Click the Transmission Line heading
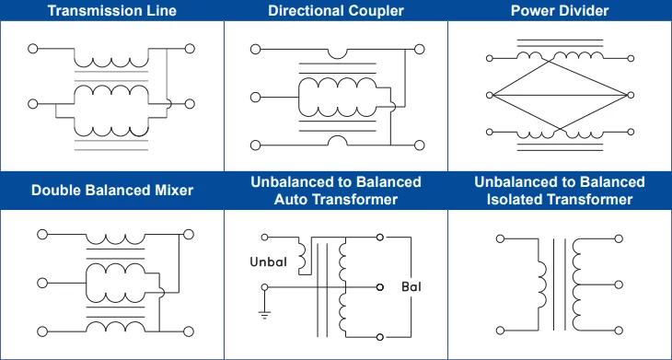pyautogui.click(x=112, y=11)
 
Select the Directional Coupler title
pyautogui.click(x=336, y=11)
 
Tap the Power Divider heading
pyautogui.click(x=560, y=11)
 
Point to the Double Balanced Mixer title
pyautogui.click(x=112, y=191)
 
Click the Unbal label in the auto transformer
pyautogui.click(x=269, y=262)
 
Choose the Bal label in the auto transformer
pyautogui.click(x=411, y=288)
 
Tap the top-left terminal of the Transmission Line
pyautogui.click(x=33, y=48)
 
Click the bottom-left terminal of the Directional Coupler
pyautogui.click(x=255, y=145)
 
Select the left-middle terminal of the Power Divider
pyautogui.click(x=491, y=93)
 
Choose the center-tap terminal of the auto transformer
pyautogui.click(x=379, y=287)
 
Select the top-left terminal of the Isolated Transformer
pyautogui.click(x=500, y=239)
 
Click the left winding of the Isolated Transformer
pyautogui.click(x=540, y=285)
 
